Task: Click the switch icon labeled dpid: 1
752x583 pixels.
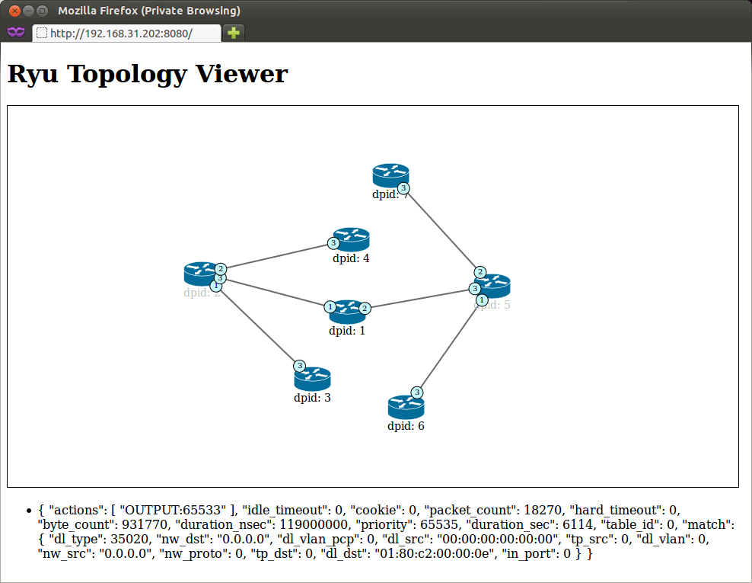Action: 348,311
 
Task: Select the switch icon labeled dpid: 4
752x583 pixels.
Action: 352,239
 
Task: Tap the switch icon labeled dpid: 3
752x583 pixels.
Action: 313,379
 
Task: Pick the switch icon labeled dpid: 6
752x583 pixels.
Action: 405,407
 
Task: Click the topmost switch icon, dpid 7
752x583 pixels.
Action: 390,175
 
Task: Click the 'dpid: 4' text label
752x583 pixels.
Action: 351,258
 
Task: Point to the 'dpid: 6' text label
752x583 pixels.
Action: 406,426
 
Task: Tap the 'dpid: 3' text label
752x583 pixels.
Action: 312,397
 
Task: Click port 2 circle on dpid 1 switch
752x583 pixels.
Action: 365,308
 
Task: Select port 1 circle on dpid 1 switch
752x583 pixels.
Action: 330,306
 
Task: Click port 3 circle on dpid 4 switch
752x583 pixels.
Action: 333,243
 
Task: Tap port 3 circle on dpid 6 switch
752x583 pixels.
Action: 417,392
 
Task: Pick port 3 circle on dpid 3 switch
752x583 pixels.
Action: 300,366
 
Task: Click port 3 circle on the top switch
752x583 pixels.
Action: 403,187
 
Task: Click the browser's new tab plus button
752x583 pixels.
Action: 234,33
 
